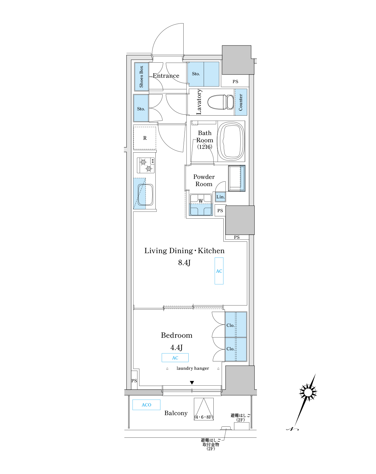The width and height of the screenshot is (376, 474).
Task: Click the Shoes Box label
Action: pos(141,77)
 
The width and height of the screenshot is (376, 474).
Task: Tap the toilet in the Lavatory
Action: pos(221,102)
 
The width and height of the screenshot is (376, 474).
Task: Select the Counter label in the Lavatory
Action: pos(241,102)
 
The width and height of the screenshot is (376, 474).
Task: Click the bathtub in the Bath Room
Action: pos(231,141)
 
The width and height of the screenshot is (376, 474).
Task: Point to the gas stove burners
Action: pos(146,165)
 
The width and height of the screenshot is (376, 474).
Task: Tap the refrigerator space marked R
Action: pos(145,138)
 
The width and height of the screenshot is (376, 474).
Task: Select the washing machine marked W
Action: pos(201,204)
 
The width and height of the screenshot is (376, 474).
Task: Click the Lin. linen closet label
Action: pos(220,197)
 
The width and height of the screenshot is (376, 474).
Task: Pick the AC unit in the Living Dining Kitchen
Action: pos(219,271)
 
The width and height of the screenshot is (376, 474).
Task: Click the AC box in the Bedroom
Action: pos(175,358)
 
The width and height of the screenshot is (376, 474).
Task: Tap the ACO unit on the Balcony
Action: pos(146,405)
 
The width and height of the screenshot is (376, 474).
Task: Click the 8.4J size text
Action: pos(184,263)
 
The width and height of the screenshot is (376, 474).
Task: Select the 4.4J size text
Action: pos(176,347)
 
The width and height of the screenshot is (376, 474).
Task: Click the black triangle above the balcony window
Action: pos(192,383)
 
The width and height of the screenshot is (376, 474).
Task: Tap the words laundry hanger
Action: pos(193,368)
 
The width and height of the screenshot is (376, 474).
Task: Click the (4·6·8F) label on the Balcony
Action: pos(204,417)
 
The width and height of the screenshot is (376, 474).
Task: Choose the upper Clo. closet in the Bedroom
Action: pos(236,325)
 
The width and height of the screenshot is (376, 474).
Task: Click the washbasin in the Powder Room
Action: pos(237,178)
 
